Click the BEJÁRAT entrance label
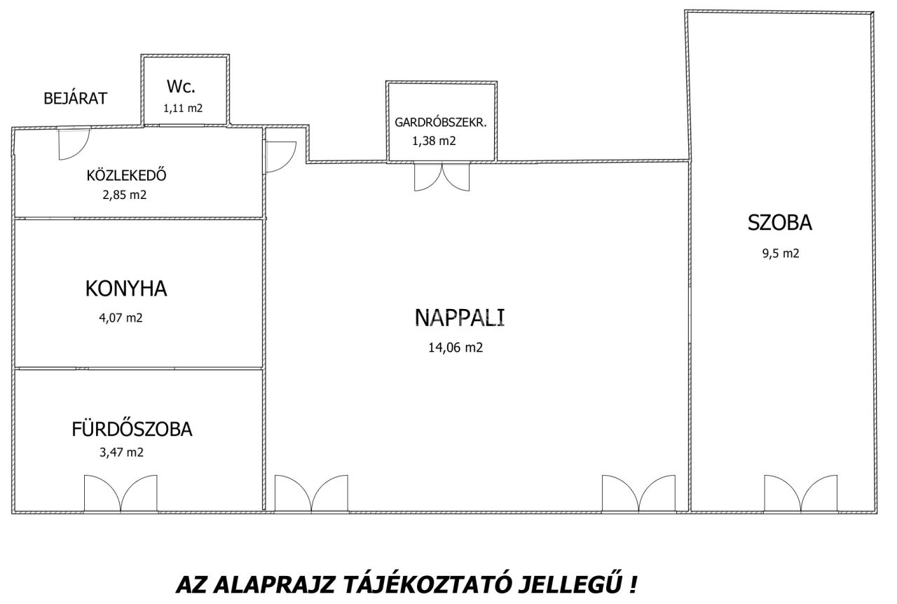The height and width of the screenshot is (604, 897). [x=75, y=98]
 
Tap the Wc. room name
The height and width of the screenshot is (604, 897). [x=181, y=86]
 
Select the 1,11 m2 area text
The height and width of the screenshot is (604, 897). [x=183, y=108]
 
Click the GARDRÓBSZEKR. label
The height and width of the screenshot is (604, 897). [x=441, y=123]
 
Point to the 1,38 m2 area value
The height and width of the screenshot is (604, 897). [x=434, y=141]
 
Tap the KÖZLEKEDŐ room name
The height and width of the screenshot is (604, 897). [x=126, y=175]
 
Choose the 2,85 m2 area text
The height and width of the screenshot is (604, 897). [x=125, y=195]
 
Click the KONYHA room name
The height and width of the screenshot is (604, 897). [x=126, y=289]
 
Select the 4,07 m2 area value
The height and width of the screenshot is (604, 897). [x=121, y=318]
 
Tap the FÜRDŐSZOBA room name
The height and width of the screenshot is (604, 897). [x=132, y=429]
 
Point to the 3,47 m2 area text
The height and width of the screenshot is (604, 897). [x=121, y=453]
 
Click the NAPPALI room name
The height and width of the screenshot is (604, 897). [x=459, y=317]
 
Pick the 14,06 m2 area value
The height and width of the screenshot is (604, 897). [x=456, y=348]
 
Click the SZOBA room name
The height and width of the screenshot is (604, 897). [x=780, y=223]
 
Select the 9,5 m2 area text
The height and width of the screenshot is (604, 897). [x=781, y=254]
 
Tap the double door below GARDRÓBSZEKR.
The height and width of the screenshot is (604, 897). [x=441, y=177]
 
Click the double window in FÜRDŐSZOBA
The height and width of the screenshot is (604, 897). [x=121, y=493]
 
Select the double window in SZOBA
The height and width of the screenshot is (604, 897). [x=800, y=493]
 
